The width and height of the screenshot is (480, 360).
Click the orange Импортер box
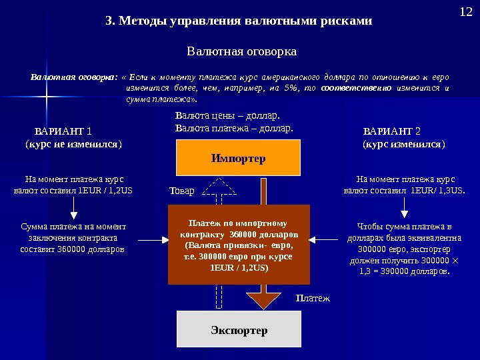(238, 158)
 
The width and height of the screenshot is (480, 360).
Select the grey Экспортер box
(239, 330)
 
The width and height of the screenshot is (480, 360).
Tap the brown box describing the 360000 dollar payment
(239, 245)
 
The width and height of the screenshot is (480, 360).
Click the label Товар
(181, 191)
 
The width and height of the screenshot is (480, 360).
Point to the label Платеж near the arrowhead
(313, 299)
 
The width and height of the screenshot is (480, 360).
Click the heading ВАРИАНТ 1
(63, 131)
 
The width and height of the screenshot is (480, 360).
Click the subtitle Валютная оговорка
(241, 51)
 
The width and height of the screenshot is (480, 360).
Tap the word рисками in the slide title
(345, 21)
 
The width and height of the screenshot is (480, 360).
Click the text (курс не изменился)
(73, 143)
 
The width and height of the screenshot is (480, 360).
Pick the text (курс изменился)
(403, 143)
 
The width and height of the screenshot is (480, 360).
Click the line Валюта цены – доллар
(227, 115)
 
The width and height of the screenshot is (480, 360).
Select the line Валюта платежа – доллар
(234, 126)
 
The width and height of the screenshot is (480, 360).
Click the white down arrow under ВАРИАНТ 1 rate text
(73, 212)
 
